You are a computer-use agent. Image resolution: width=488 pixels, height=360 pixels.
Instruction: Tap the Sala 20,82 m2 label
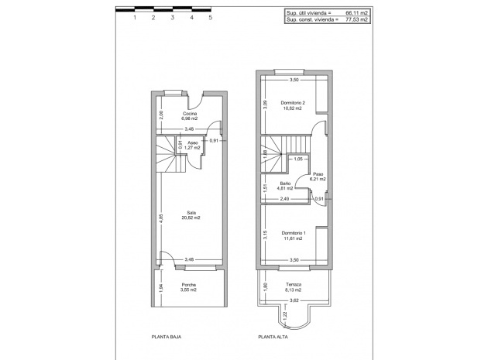(191, 216)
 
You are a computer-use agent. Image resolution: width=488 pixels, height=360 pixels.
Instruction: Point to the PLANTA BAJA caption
(166, 338)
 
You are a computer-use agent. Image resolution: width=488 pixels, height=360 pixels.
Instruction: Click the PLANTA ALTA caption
(273, 338)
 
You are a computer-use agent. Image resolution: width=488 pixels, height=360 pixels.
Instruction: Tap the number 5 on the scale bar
(211, 16)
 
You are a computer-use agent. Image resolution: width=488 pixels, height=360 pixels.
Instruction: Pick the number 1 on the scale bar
(135, 16)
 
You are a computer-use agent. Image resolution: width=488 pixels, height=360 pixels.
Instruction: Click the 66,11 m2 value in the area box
(356, 13)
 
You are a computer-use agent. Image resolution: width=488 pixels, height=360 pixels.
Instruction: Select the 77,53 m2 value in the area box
(356, 19)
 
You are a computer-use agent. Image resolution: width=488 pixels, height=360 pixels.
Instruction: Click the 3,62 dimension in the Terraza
(294, 300)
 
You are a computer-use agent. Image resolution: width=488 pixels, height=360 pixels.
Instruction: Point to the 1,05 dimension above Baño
(297, 159)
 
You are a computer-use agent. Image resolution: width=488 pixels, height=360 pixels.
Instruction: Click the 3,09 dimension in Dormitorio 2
(264, 106)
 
